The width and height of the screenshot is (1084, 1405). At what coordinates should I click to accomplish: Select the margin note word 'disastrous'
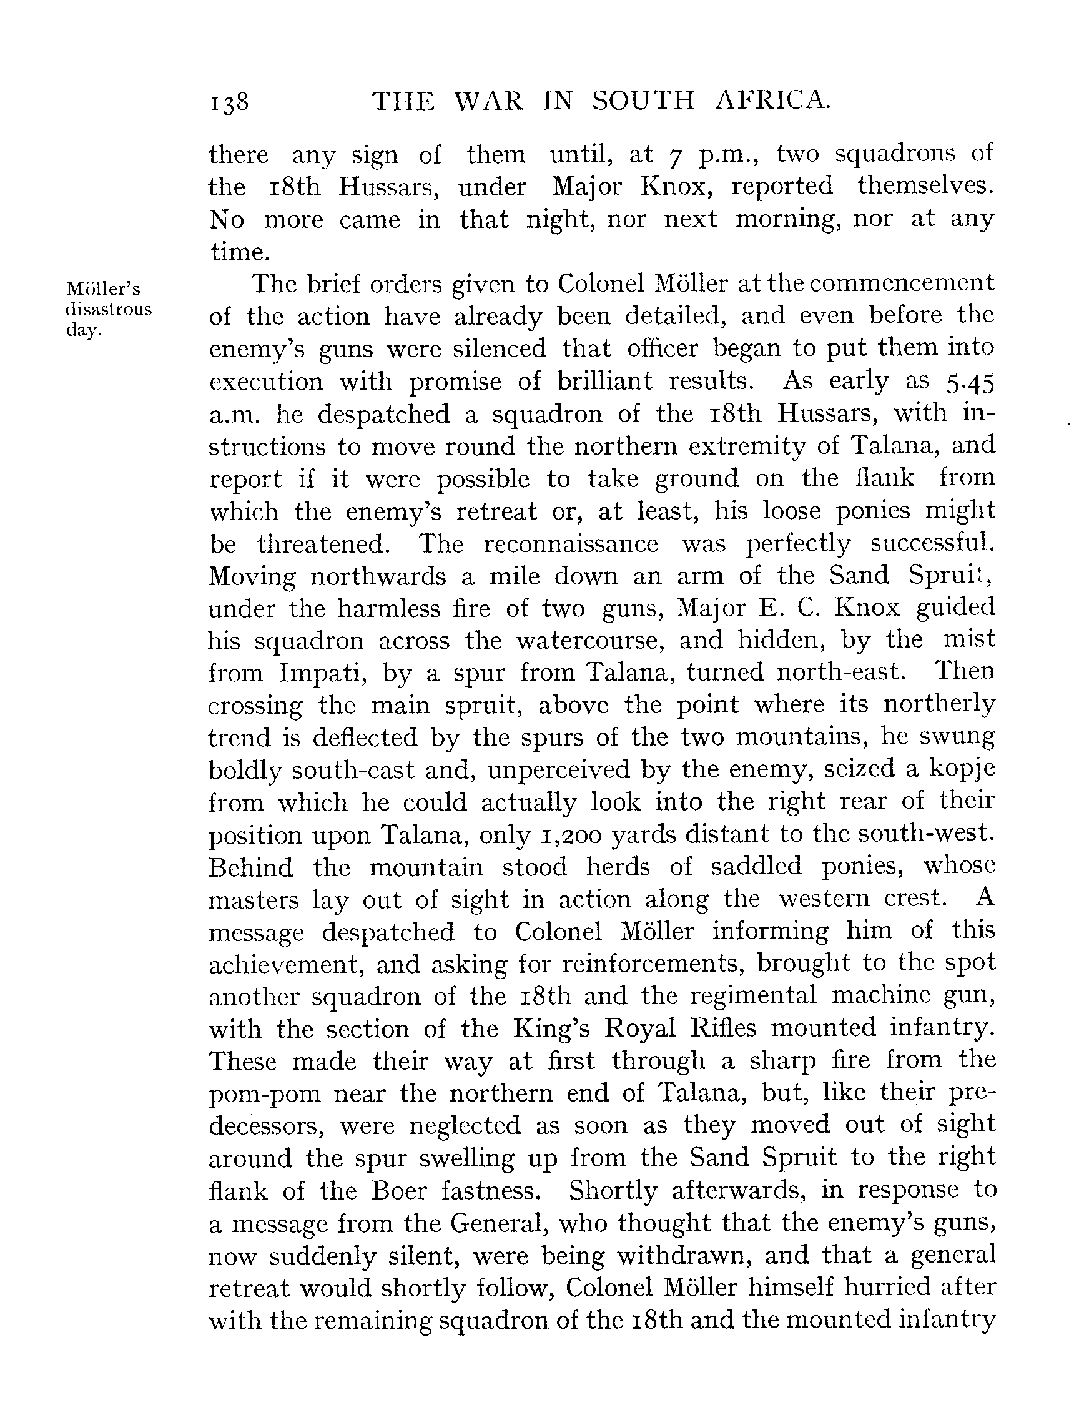pos(109,309)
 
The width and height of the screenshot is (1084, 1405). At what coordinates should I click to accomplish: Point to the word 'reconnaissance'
pos(571,544)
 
